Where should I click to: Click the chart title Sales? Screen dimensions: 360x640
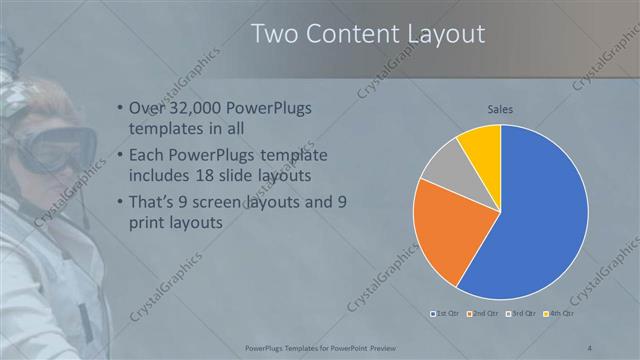point(500,109)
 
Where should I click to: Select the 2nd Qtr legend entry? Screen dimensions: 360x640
point(483,314)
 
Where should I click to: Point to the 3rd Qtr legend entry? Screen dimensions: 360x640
point(522,314)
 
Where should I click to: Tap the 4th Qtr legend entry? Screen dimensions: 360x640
point(559,314)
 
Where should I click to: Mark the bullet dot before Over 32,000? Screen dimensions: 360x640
point(120,109)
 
